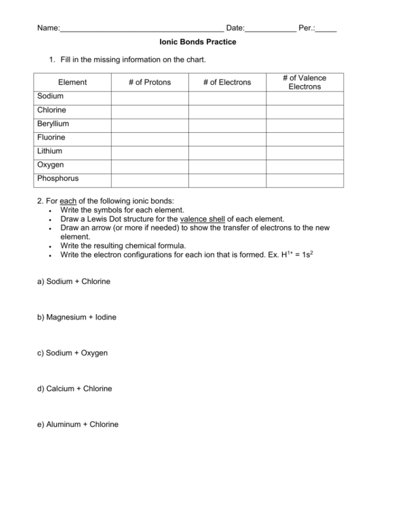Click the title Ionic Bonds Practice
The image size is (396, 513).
pyautogui.click(x=198, y=42)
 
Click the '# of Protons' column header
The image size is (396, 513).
pyautogui.click(x=150, y=82)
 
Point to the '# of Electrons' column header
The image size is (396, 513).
pyautogui.click(x=227, y=82)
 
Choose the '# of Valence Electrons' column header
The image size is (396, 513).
pyautogui.click(x=305, y=82)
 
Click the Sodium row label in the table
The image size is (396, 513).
pyautogui.click(x=50, y=96)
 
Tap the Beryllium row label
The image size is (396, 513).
pyautogui.click(x=53, y=124)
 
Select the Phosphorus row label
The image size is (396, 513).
pyautogui.click(x=58, y=179)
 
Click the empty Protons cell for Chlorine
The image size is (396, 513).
pyautogui.click(x=150, y=111)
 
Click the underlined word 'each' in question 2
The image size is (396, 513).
pyautogui.click(x=69, y=201)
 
